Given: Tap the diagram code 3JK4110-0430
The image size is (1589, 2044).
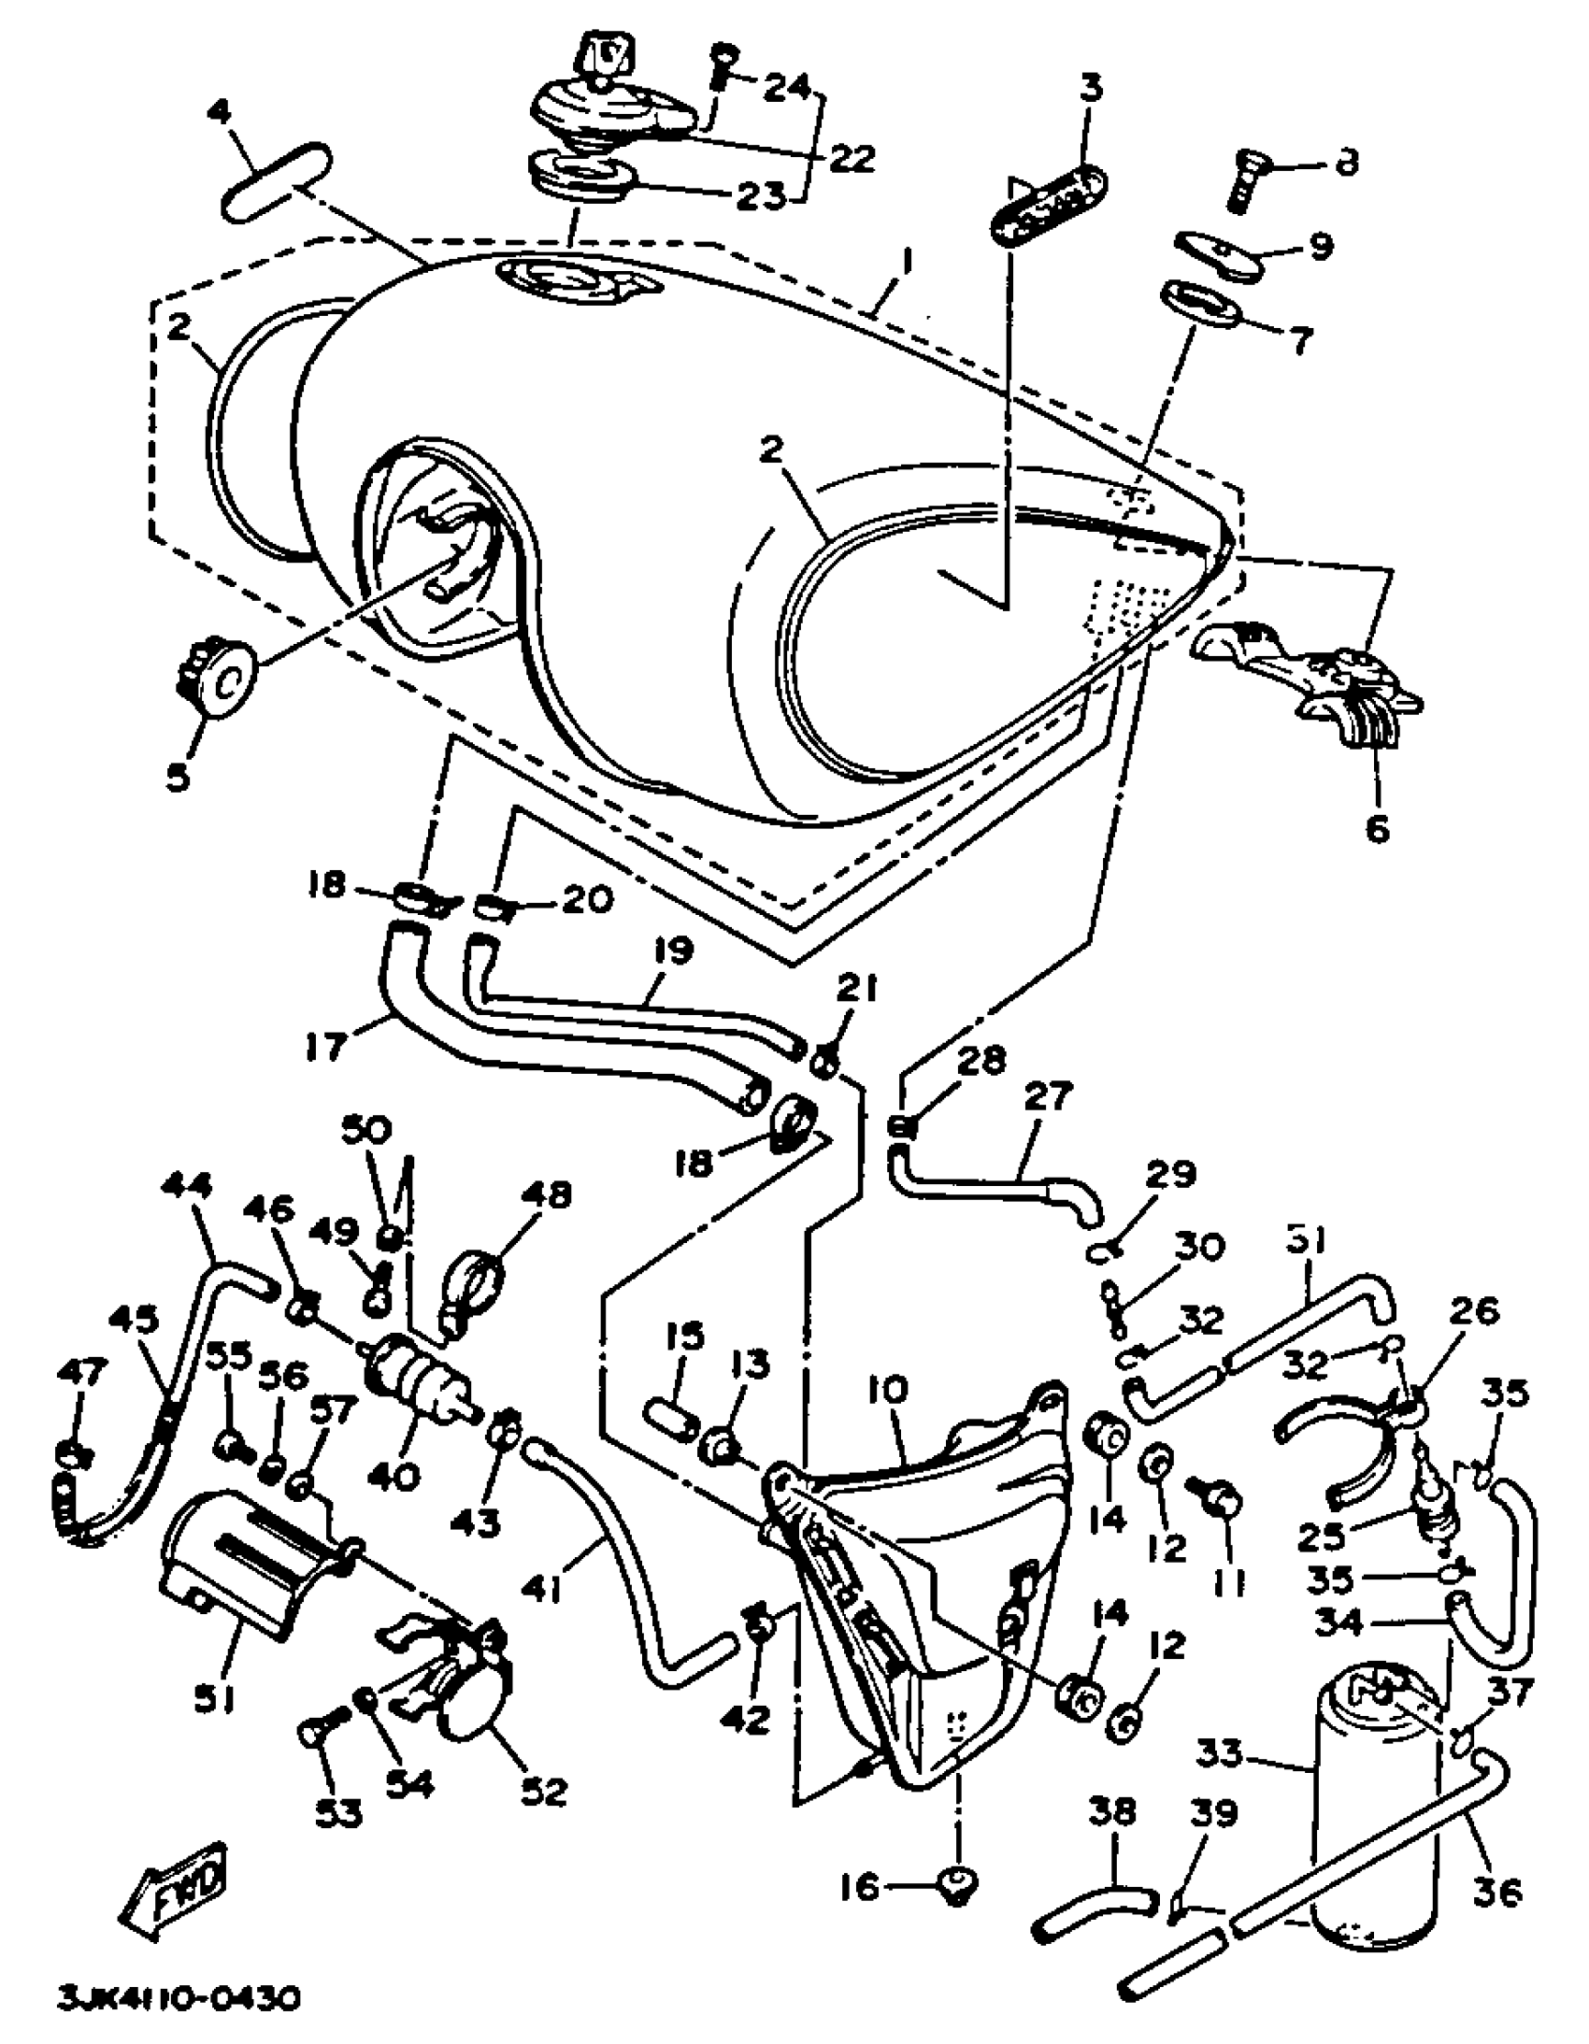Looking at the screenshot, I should [178, 1999].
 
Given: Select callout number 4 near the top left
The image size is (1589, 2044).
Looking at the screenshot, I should [217, 114].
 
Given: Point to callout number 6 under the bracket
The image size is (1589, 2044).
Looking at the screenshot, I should [1378, 828].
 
